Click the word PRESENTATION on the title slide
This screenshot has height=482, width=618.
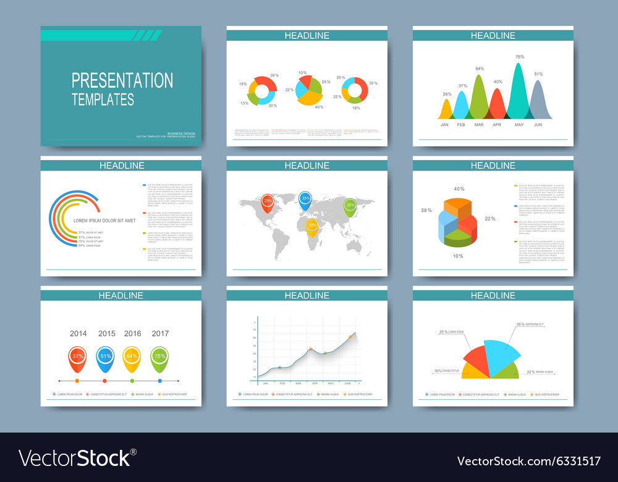click(x=122, y=80)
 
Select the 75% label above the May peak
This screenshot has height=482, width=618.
click(x=520, y=57)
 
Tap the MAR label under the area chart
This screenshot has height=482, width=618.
click(x=479, y=124)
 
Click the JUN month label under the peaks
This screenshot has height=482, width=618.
click(x=538, y=124)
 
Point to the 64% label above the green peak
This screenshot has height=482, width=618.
click(x=480, y=69)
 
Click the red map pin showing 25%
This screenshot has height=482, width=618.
click(x=268, y=201)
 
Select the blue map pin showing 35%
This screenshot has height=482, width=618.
click(x=305, y=199)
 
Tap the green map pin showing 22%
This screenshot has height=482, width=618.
click(x=350, y=205)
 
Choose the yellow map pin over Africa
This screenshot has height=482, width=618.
click(x=312, y=226)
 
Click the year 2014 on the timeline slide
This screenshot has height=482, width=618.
click(x=78, y=334)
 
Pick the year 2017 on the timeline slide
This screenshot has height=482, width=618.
click(x=159, y=334)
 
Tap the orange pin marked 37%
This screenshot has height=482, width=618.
click(x=78, y=357)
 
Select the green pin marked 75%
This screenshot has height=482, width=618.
click(x=159, y=357)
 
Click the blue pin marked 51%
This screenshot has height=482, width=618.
click(x=105, y=357)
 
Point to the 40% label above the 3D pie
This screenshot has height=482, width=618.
click(x=459, y=188)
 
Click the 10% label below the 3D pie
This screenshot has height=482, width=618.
click(x=458, y=256)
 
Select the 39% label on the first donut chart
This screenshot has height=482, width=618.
click(x=274, y=75)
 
